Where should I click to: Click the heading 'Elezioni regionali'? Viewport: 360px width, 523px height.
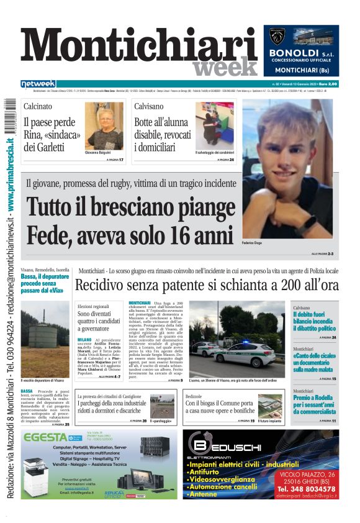(93, 307)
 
